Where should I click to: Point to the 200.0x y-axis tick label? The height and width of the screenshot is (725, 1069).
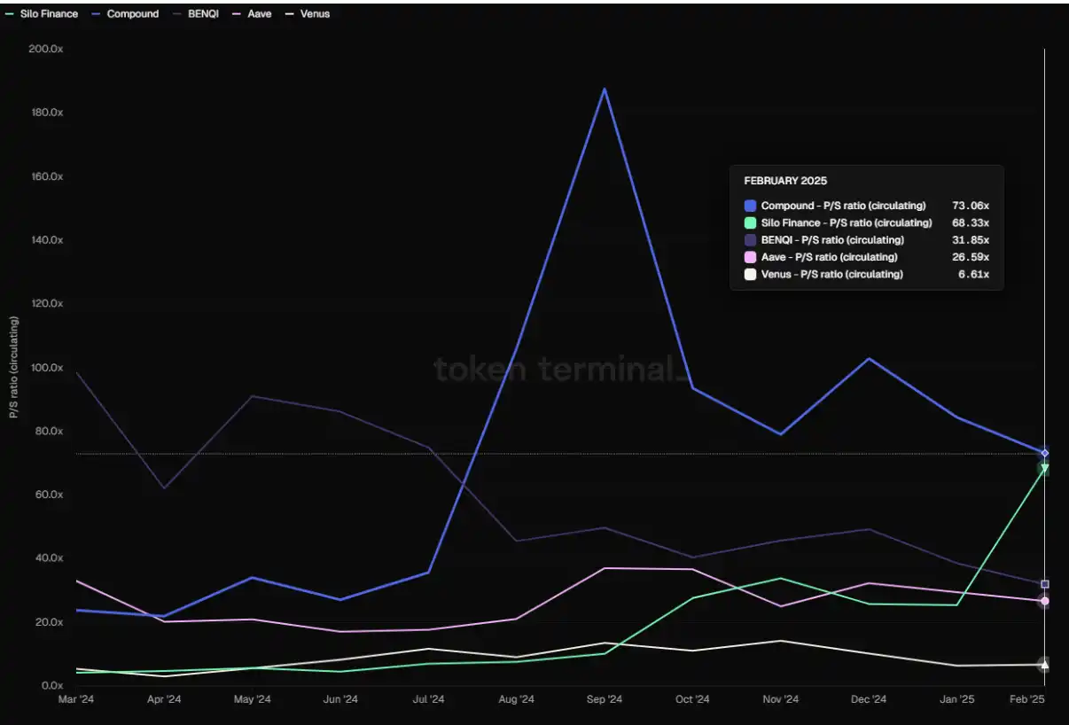pyautogui.click(x=45, y=49)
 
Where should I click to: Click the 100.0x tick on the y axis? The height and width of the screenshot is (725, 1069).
pyautogui.click(x=45, y=368)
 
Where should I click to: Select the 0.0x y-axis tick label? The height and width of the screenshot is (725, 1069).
pyautogui.click(x=51, y=686)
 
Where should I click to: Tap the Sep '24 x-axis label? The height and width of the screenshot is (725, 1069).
pyautogui.click(x=605, y=699)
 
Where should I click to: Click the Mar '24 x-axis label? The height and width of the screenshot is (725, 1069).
pyautogui.click(x=76, y=699)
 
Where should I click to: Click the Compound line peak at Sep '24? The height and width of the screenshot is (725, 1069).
pyautogui.click(x=605, y=89)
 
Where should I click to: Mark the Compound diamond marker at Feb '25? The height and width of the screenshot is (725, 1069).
pyautogui.click(x=1045, y=453)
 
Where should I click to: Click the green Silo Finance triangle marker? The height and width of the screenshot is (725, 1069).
pyautogui.click(x=1045, y=469)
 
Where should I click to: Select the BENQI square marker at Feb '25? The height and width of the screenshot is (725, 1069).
pyautogui.click(x=1045, y=584)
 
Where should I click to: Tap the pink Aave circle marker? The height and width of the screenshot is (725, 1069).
pyautogui.click(x=1045, y=601)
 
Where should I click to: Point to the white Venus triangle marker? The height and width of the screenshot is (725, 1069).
pyautogui.click(x=1045, y=664)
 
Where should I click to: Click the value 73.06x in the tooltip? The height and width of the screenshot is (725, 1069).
pyautogui.click(x=970, y=206)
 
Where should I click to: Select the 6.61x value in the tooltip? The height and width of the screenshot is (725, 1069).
pyautogui.click(x=974, y=275)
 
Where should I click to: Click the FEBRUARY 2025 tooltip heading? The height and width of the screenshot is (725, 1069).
pyautogui.click(x=785, y=181)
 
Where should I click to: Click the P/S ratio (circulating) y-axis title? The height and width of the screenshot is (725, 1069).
pyautogui.click(x=13, y=367)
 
